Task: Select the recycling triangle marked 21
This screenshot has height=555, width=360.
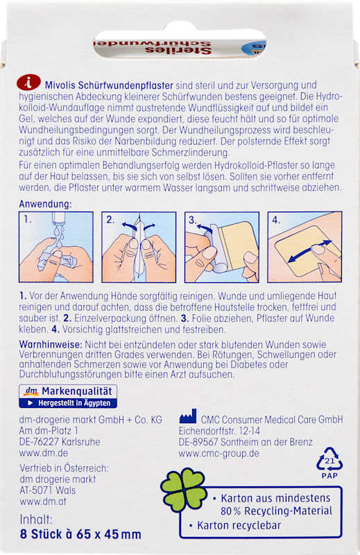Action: click(329, 459)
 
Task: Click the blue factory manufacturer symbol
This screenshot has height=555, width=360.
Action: click(187, 417)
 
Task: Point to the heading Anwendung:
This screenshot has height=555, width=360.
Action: click(45, 204)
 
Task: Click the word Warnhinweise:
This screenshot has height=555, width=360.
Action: click(51, 344)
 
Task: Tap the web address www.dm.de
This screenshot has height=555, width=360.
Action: click(44, 453)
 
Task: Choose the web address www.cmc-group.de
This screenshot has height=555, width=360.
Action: click(218, 453)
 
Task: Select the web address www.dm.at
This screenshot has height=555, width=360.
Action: click(43, 501)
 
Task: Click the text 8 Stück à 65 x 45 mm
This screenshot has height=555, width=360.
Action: click(80, 533)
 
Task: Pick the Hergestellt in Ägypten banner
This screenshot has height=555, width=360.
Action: click(68, 403)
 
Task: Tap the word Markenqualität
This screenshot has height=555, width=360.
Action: click(77, 391)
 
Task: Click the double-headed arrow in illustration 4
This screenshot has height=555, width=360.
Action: click(310, 251)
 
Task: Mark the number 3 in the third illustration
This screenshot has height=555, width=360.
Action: click(192, 220)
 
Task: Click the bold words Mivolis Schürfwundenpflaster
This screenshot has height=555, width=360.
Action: click(109, 85)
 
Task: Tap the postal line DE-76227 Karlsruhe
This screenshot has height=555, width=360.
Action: click(60, 442)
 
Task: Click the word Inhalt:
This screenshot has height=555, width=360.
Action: click(36, 519)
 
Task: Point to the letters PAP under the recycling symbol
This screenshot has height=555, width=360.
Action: click(329, 476)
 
